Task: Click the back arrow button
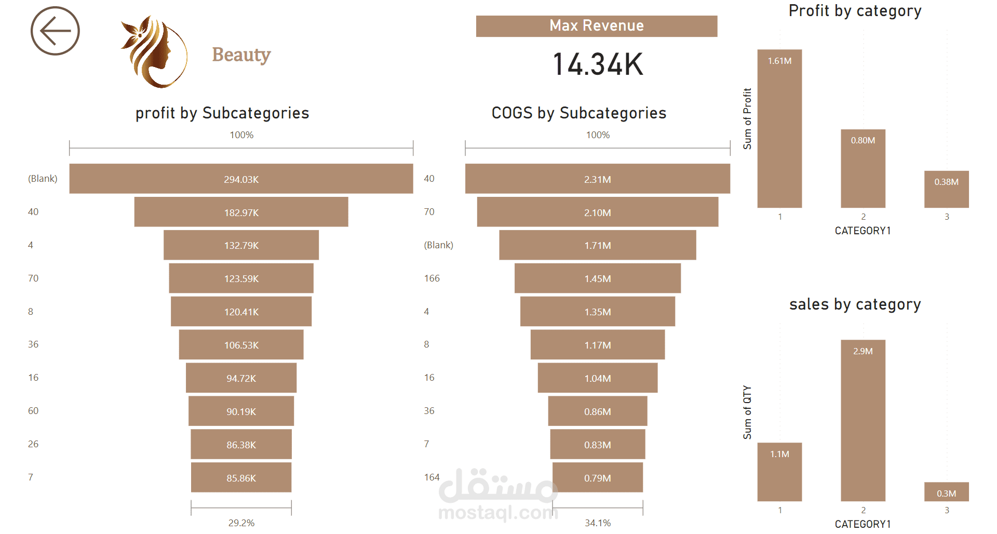(55, 31)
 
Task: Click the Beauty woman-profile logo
(154, 52)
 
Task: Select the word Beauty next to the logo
(241, 55)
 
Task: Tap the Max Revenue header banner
(597, 26)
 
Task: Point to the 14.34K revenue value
(598, 64)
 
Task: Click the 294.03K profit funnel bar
(241, 179)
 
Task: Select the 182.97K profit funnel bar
(241, 212)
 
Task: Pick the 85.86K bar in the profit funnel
(241, 477)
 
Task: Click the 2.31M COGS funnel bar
(597, 179)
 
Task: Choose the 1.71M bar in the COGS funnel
(597, 245)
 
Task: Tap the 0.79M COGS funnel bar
(597, 477)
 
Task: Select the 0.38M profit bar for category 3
(946, 190)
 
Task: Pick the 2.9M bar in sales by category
(863, 421)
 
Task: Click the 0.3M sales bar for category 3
(946, 492)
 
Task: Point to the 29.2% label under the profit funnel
(241, 523)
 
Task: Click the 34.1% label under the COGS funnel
(598, 523)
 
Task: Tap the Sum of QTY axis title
(747, 412)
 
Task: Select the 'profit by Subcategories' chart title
(222, 113)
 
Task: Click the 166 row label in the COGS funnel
(432, 278)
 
